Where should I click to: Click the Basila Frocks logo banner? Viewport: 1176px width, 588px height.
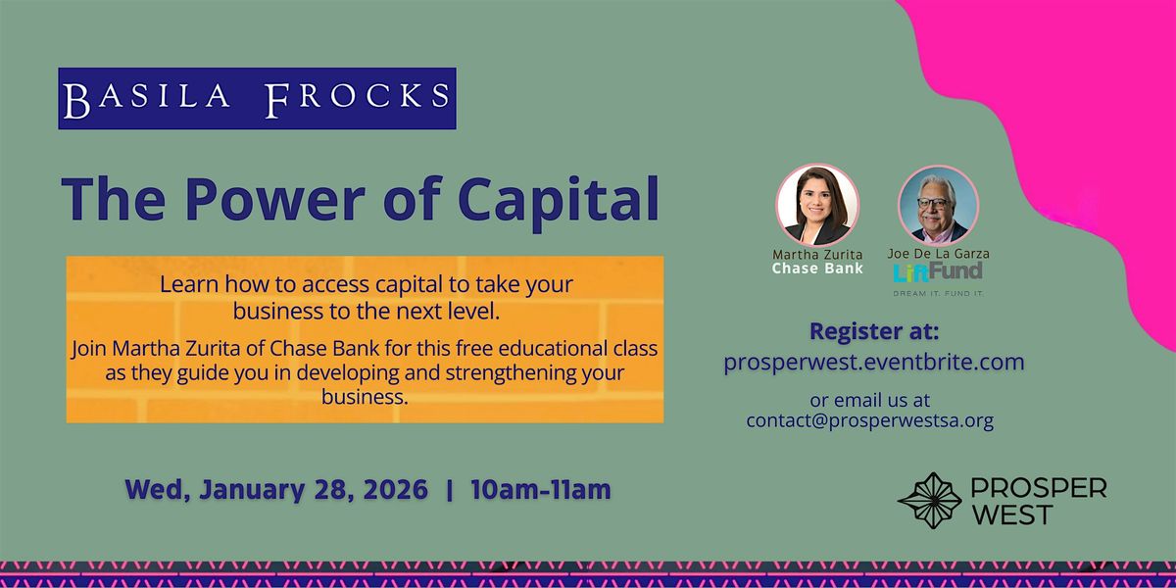pyautogui.click(x=257, y=98)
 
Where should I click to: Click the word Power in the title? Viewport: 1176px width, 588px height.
pyautogui.click(x=274, y=200)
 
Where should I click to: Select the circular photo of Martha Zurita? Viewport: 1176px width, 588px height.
pyautogui.click(x=817, y=205)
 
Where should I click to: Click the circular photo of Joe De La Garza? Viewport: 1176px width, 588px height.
pyautogui.click(x=938, y=206)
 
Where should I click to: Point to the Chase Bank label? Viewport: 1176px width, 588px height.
pyautogui.click(x=817, y=269)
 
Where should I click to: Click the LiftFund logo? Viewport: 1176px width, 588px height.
pyautogui.click(x=938, y=271)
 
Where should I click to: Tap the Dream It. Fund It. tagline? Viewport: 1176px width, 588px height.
pyautogui.click(x=938, y=293)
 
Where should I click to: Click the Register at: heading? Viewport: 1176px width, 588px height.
pyautogui.click(x=874, y=331)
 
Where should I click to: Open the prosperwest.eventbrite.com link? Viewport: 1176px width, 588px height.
pyautogui.click(x=874, y=363)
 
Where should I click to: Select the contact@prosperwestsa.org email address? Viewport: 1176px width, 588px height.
pyautogui.click(x=870, y=421)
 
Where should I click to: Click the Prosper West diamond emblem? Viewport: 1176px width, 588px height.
pyautogui.click(x=929, y=501)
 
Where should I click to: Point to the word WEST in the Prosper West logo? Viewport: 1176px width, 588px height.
pyautogui.click(x=1011, y=514)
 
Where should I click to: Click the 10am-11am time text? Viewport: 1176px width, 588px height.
pyautogui.click(x=541, y=489)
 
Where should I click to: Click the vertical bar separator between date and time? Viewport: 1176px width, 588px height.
pyautogui.click(x=450, y=490)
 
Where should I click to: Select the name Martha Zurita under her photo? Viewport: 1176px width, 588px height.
pyautogui.click(x=817, y=254)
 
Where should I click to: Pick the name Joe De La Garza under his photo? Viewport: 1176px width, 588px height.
pyautogui.click(x=938, y=254)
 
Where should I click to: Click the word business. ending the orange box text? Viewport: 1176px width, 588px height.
pyautogui.click(x=365, y=397)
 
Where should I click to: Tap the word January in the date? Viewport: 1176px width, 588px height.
pyautogui.click(x=252, y=490)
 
